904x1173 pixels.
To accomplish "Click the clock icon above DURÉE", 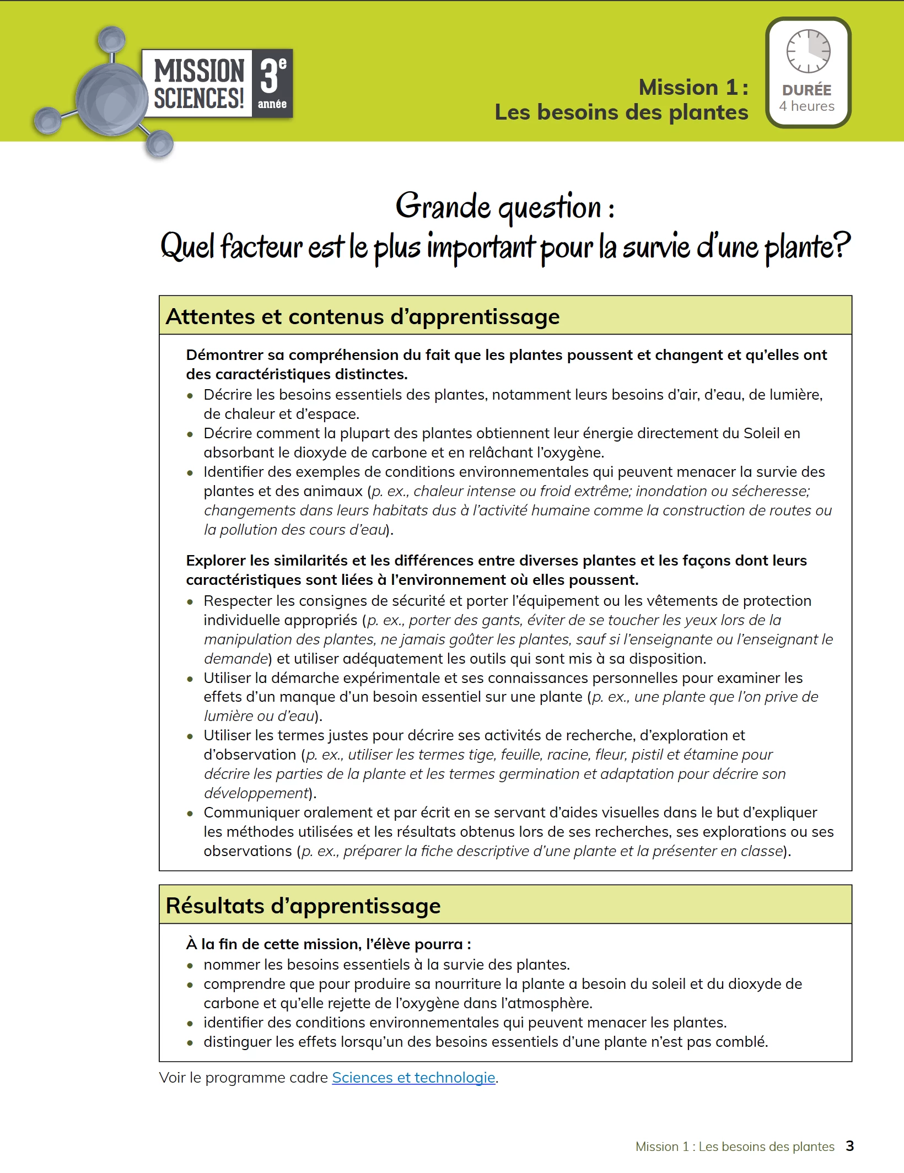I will point(808,51).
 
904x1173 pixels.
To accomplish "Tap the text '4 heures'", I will point(807,106).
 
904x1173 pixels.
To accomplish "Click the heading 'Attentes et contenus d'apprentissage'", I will point(363,316).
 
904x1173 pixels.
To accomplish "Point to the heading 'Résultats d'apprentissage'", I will point(303,906).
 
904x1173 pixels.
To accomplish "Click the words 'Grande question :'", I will point(505,207).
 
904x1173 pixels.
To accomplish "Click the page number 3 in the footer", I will point(849,1146).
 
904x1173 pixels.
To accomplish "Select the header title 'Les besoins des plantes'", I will point(621,112).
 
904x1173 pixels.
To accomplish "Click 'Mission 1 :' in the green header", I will point(693,87).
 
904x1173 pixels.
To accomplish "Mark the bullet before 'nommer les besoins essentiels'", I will point(190,965).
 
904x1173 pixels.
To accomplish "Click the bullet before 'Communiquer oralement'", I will point(190,813).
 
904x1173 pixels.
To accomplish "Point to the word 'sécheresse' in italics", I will point(774,491).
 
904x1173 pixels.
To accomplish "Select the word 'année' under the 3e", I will point(272,104).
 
